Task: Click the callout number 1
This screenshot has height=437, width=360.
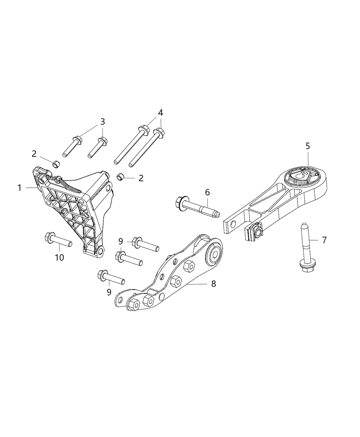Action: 20,188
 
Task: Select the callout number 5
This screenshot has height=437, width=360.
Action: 308,146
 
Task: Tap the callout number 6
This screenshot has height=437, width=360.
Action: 207,193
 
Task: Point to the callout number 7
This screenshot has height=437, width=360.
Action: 324,240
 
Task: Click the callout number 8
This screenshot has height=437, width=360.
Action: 213,284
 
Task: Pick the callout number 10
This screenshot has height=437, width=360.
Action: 60,257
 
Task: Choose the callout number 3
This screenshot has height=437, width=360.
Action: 103,122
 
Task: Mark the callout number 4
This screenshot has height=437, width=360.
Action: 160,112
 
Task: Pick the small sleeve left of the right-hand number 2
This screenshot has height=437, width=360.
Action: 120,177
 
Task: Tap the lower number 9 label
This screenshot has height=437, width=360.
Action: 109,292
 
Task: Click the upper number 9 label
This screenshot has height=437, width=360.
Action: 121,241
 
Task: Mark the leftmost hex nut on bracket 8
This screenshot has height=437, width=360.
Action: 133,304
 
